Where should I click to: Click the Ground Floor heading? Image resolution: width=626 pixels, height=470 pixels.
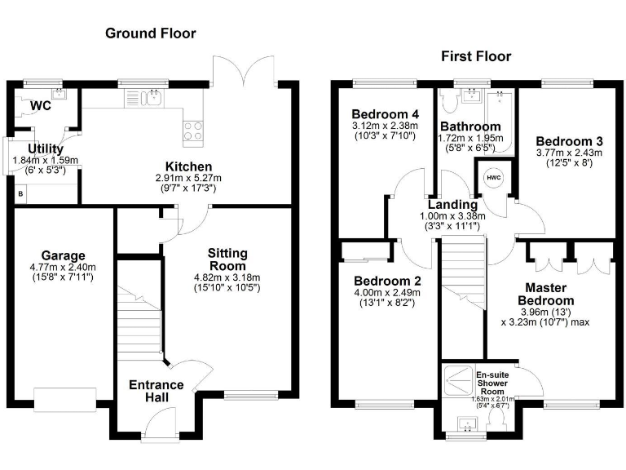click(x=150, y=33)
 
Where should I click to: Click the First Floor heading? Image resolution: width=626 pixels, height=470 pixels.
click(x=476, y=56)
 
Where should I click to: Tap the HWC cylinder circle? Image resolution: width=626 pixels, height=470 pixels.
click(x=493, y=178)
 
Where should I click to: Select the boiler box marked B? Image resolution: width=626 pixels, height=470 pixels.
click(x=21, y=194)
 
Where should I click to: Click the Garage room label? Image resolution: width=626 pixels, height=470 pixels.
click(x=64, y=255)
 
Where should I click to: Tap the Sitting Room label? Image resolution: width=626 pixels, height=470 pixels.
click(x=227, y=259)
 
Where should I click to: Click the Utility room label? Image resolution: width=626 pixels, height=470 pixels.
click(x=46, y=149)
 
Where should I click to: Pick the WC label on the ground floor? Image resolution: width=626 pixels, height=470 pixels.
click(x=40, y=106)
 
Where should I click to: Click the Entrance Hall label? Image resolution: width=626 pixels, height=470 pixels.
click(x=156, y=390)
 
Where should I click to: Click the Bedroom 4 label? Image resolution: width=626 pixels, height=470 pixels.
click(x=385, y=113)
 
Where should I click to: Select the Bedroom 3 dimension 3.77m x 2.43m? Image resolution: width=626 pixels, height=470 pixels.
click(x=568, y=153)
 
